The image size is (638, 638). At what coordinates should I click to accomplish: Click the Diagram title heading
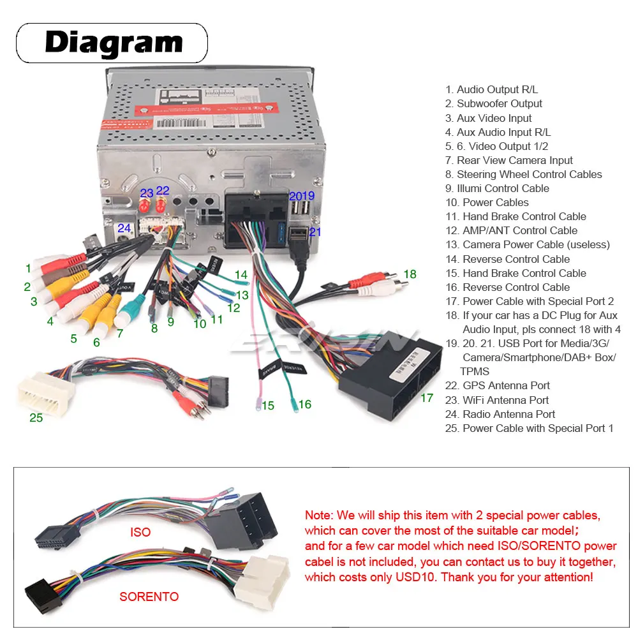pos(113,43)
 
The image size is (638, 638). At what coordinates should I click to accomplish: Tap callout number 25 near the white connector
pos(36,418)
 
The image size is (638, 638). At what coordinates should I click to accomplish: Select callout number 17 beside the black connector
pos(427,398)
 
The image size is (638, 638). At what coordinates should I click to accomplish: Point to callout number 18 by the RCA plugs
pos(410,274)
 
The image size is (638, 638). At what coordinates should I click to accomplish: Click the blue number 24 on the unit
pos(124,228)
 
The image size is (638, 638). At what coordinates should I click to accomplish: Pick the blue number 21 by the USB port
pos(315,232)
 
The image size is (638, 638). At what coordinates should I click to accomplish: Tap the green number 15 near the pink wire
pos(268,406)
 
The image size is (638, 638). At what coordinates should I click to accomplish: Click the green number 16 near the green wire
pos(305,404)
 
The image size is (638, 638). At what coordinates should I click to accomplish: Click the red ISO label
pos(140,532)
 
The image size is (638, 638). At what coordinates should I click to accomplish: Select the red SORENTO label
pos(149,597)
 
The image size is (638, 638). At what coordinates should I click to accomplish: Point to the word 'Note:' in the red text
pos(319,515)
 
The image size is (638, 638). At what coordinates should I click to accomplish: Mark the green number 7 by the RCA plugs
pos(119,333)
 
